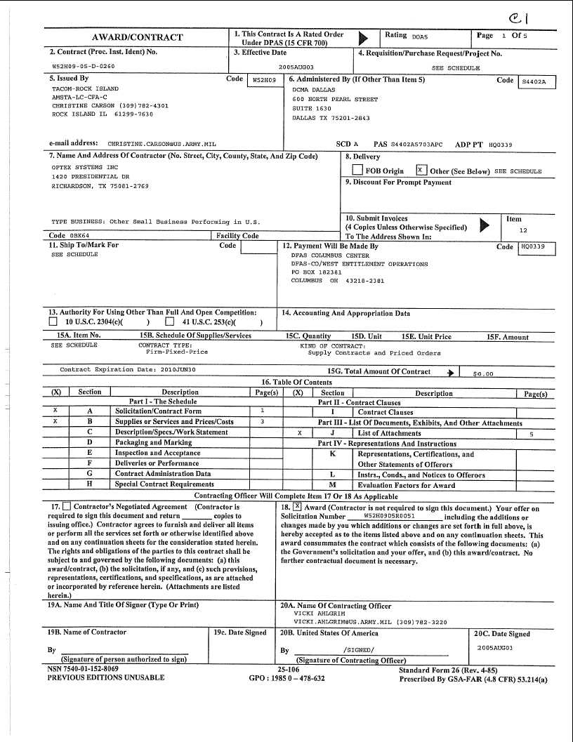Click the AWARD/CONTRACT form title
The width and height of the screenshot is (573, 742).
138,38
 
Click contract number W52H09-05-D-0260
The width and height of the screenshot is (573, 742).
84,65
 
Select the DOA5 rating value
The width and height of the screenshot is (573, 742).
420,36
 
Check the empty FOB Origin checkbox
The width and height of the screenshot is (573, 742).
357,171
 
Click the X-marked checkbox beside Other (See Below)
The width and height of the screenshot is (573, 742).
421,171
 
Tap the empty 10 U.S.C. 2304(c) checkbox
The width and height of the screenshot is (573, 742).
53,322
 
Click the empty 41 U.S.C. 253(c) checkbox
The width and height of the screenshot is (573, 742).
169,322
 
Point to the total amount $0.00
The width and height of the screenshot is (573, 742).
484,374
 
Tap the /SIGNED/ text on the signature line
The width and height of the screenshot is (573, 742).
358,650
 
